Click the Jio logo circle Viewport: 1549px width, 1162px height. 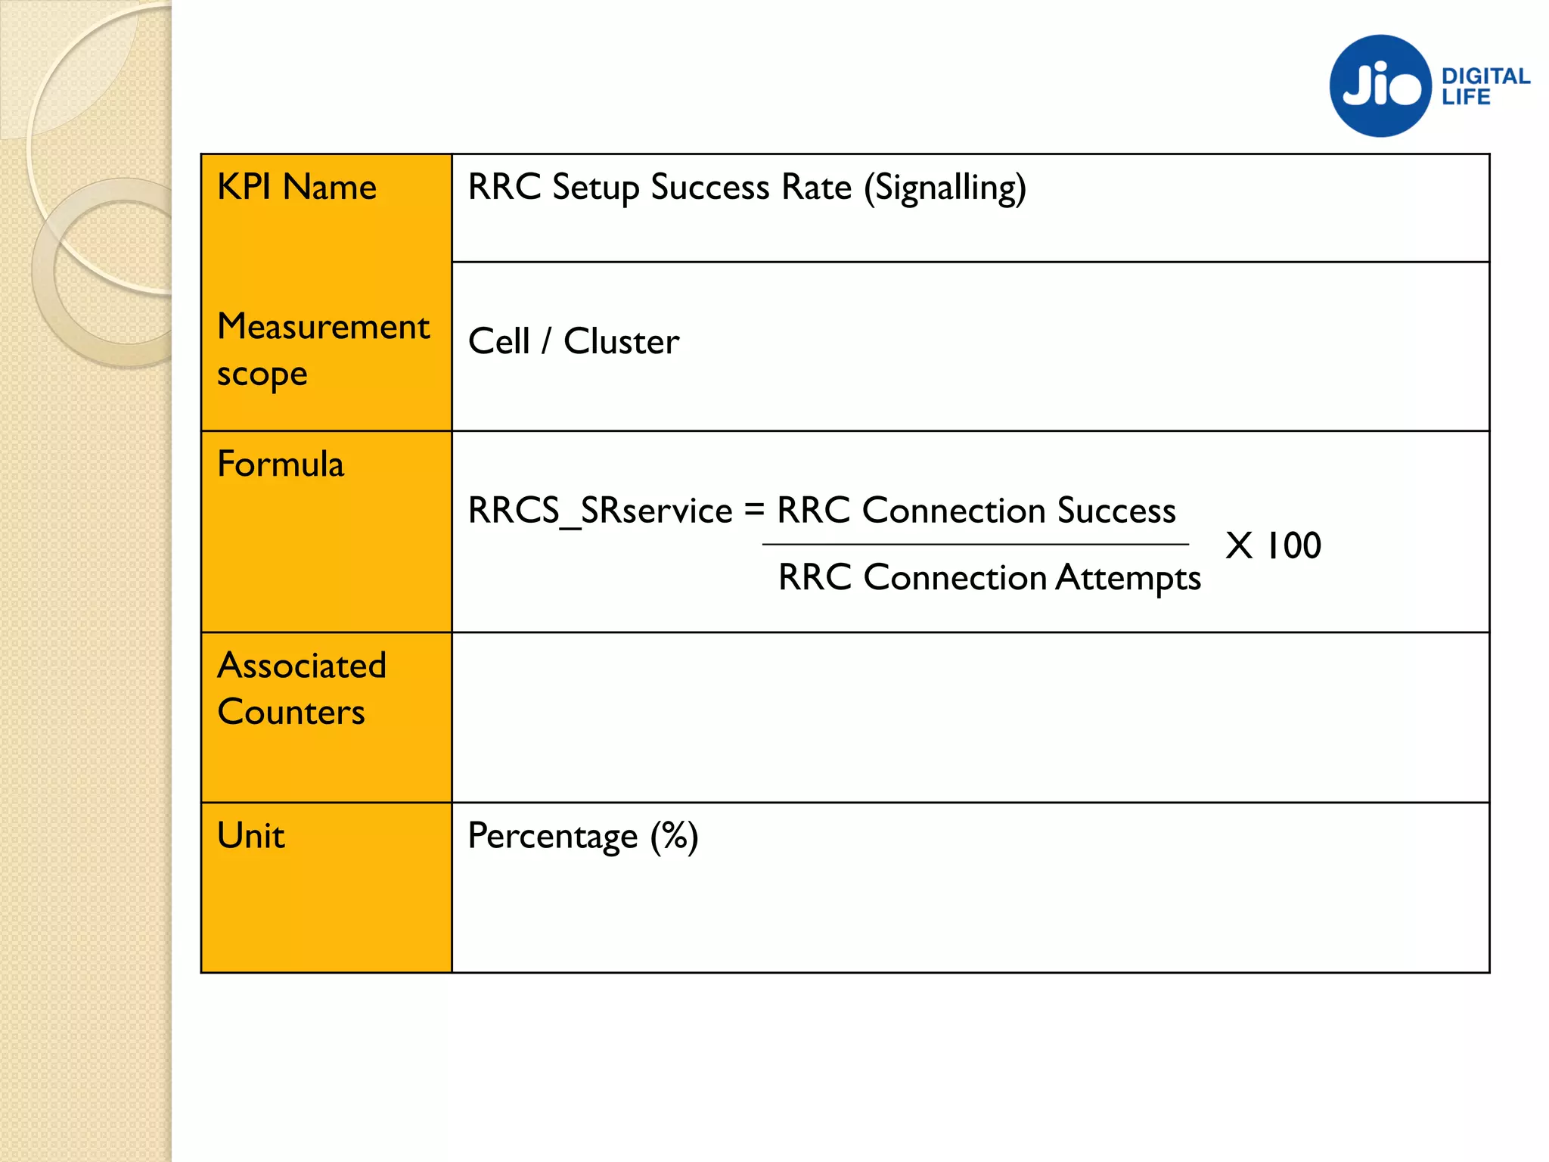click(x=1380, y=86)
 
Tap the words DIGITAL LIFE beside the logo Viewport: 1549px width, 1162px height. click(x=1485, y=86)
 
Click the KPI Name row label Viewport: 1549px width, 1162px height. click(x=296, y=187)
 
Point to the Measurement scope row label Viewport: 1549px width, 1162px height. click(x=323, y=350)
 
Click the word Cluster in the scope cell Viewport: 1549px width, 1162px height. click(x=621, y=341)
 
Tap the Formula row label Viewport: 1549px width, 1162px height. click(x=280, y=464)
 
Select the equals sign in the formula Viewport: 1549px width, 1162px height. click(x=754, y=509)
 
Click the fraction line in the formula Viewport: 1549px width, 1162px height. click(x=975, y=544)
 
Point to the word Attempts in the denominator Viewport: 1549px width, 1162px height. click(x=1128, y=578)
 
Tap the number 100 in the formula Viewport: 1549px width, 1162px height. click(x=1293, y=545)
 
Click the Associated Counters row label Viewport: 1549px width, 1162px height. click(x=301, y=688)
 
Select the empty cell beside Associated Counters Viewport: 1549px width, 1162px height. click(x=970, y=717)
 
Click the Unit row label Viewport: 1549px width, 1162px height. click(x=250, y=836)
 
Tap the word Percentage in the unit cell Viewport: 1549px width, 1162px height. click(x=552, y=837)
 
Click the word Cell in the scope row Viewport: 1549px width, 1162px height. click(x=498, y=341)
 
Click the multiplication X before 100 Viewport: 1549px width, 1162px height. click(x=1239, y=545)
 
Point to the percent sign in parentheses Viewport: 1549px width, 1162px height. click(x=674, y=836)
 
